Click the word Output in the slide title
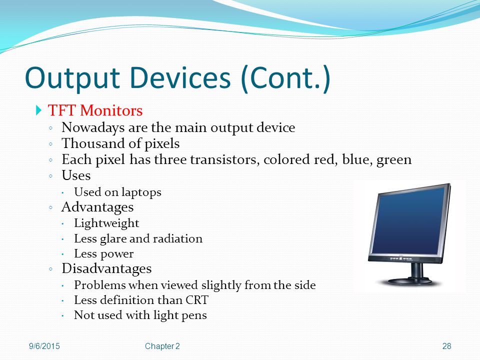pyautogui.click(x=72, y=78)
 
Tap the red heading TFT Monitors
pyautogui.click(x=95, y=110)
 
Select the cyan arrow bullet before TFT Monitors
pyautogui.click(x=38, y=110)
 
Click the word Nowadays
pyautogui.click(x=93, y=128)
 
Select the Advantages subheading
pyautogui.click(x=97, y=207)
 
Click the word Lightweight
pyautogui.click(x=106, y=223)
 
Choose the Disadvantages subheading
pyautogui.click(x=106, y=269)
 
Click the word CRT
pyautogui.click(x=197, y=300)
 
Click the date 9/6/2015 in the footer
pyautogui.click(x=44, y=346)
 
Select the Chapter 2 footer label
pyautogui.click(x=162, y=346)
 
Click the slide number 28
pyautogui.click(x=446, y=346)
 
